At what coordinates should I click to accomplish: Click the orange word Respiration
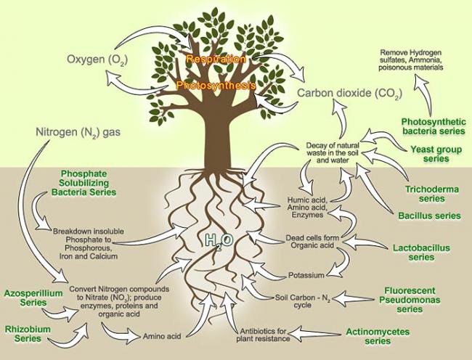216,59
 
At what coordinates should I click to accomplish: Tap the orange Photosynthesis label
216,86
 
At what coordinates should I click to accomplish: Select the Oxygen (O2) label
97,60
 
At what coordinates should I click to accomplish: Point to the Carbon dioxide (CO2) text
349,93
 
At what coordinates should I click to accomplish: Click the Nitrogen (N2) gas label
78,132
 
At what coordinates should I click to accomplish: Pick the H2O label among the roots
219,241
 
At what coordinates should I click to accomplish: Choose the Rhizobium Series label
28,334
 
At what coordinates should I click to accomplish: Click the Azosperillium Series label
33,298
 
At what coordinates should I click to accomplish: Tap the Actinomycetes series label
378,336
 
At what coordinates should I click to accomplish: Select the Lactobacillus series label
421,253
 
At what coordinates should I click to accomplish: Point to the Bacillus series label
429,216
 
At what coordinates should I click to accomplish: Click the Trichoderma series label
431,194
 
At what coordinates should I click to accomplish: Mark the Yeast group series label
436,154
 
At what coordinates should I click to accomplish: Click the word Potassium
306,275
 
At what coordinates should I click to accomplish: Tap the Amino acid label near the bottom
162,336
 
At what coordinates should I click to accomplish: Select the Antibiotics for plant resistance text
263,335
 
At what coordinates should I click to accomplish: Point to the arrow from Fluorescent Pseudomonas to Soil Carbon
353,298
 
